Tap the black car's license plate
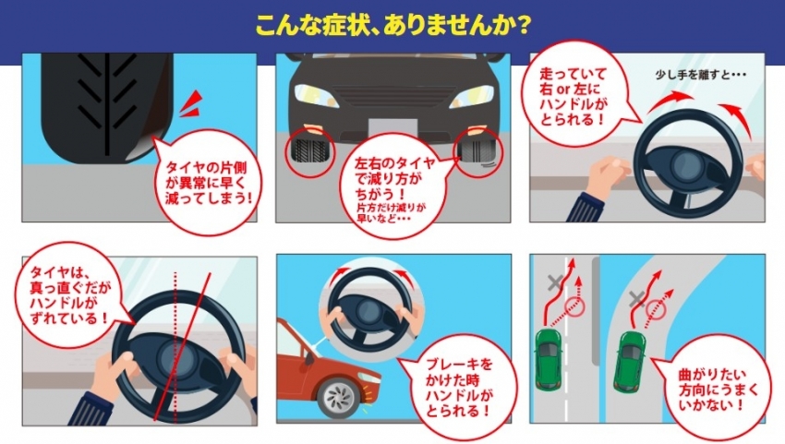pos(392,128)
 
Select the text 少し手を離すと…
pos(700,75)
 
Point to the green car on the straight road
pos(549,359)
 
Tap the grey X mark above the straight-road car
pos(555,282)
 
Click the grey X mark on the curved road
pos(636,299)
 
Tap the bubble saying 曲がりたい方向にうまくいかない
pos(718,390)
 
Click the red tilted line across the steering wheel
pos(182,346)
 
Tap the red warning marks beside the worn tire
pos(192,104)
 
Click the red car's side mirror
pos(309,358)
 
